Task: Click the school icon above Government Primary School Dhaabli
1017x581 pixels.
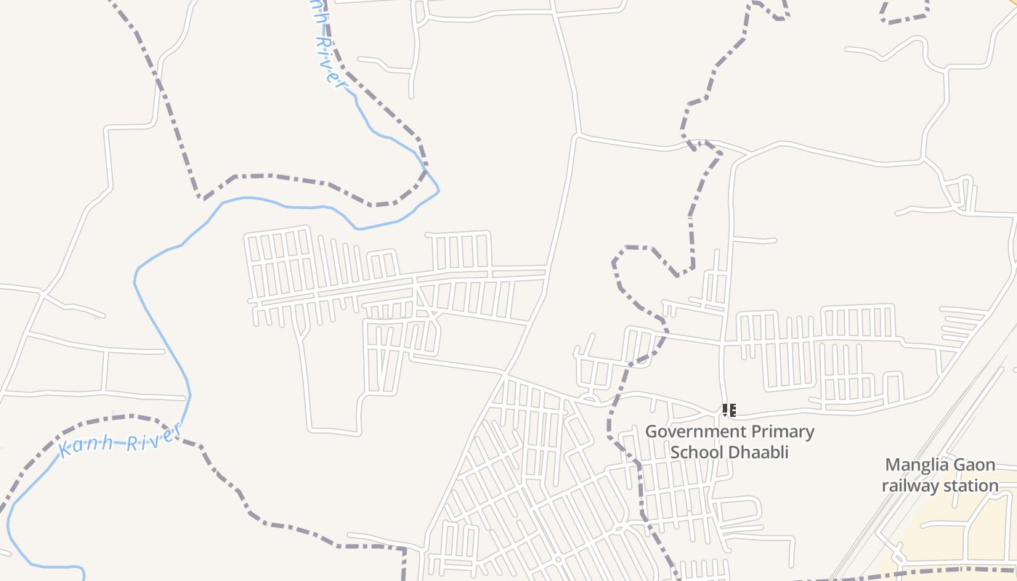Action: coord(729,410)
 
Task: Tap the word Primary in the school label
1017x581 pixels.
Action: coord(782,432)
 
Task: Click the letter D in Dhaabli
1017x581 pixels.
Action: coord(734,452)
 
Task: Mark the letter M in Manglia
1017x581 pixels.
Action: coord(892,465)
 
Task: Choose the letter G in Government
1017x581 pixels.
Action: coord(652,432)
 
